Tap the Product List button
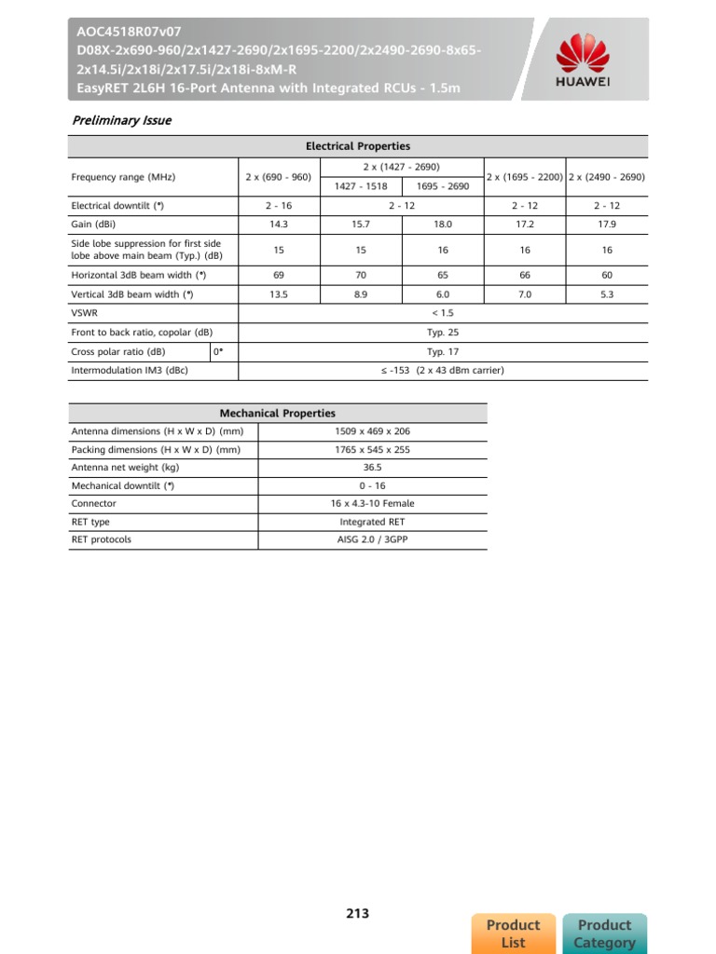[514, 934]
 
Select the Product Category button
[604, 934]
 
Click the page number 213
[358, 913]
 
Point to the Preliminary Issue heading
[122, 120]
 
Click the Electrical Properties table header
[358, 146]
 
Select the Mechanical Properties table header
[277, 413]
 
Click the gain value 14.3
[279, 225]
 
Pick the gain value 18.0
[442, 225]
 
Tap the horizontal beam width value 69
[279, 275]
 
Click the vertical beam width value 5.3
[607, 294]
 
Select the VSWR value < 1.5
[442, 313]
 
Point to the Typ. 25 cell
[442, 332]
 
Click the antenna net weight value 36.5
[372, 467]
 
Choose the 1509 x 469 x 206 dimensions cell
[372, 431]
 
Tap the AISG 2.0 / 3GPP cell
[372, 539]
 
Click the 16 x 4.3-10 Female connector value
[372, 503]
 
